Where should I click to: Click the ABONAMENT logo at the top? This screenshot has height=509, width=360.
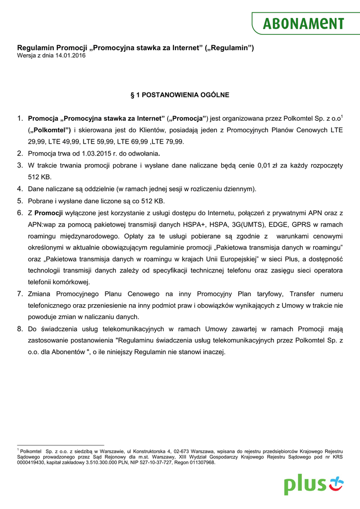coord(303,23)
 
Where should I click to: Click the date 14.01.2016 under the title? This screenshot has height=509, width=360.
coord(70,56)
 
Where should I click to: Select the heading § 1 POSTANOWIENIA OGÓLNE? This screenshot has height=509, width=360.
coord(180,94)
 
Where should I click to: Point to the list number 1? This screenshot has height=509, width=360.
coord(20,118)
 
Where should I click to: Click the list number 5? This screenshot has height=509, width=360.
coord(20,201)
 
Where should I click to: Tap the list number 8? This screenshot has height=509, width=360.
coord(20,329)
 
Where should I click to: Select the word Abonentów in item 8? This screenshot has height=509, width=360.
coord(68,352)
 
